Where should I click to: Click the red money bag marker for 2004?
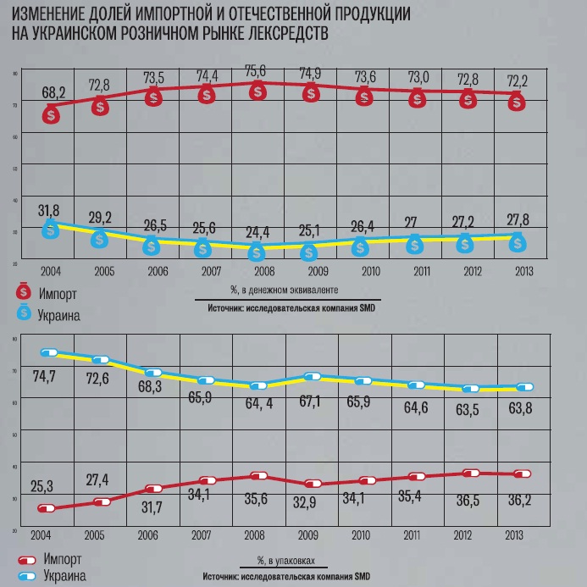[52, 114]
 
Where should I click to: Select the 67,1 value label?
[312, 400]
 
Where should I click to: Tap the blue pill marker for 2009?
[313, 377]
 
